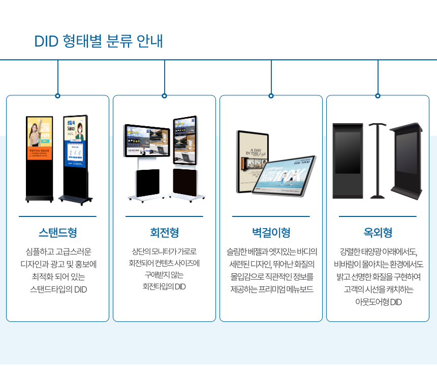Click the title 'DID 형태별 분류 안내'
99,41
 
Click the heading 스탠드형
57,233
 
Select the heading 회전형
164,233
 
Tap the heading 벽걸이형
271,233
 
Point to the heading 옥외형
378,233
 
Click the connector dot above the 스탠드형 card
57,95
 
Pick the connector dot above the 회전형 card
164,95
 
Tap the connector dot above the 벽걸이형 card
271,95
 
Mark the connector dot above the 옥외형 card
378,95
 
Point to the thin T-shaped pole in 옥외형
377,160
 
